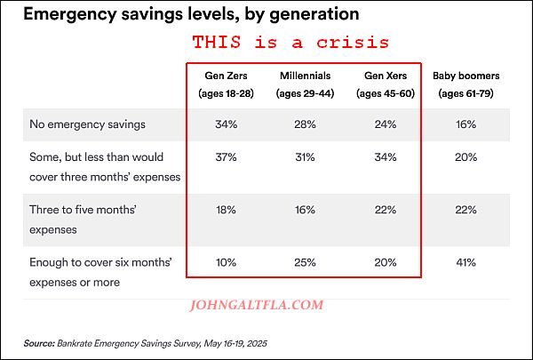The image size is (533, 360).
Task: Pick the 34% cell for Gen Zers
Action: [x=225, y=124]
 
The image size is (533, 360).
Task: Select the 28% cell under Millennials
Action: [x=305, y=124]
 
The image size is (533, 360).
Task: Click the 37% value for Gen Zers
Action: [x=225, y=158]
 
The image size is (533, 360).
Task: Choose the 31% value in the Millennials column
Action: [x=305, y=158]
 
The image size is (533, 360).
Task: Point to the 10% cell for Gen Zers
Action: [x=225, y=262]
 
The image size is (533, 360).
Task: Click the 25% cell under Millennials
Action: [x=305, y=262]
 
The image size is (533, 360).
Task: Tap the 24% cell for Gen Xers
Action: [x=385, y=124]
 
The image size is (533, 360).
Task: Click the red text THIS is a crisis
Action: [x=291, y=42]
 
